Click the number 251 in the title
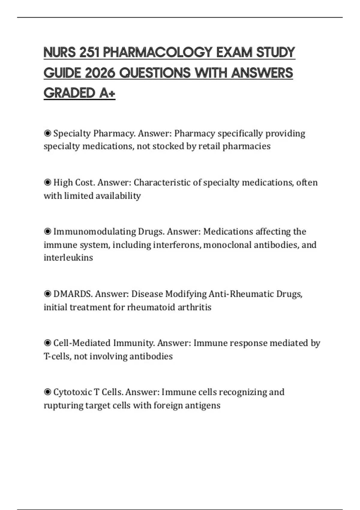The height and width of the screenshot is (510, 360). (x=89, y=52)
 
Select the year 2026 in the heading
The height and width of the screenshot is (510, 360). (x=100, y=73)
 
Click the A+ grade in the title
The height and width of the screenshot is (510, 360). (x=107, y=93)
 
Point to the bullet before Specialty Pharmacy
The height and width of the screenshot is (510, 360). (x=47, y=133)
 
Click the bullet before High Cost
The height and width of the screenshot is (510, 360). (x=47, y=182)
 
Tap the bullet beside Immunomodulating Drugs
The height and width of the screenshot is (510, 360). (x=47, y=232)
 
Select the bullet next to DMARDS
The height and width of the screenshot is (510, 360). (x=47, y=294)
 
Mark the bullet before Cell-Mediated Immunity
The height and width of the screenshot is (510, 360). (x=47, y=343)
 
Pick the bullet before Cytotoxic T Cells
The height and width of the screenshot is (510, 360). (x=47, y=392)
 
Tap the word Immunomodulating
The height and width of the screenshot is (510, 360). (x=94, y=232)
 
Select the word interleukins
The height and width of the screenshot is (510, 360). (x=68, y=258)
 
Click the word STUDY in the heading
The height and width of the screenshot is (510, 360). (x=275, y=52)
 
